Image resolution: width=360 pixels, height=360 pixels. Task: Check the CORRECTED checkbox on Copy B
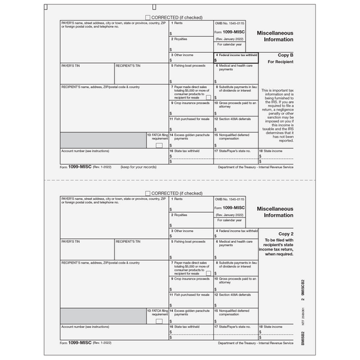148,17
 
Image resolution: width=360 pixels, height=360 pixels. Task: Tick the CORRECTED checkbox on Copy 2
148,193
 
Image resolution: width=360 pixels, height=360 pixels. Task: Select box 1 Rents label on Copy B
177,23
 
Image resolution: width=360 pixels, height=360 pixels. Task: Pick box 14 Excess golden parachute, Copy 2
191,313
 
